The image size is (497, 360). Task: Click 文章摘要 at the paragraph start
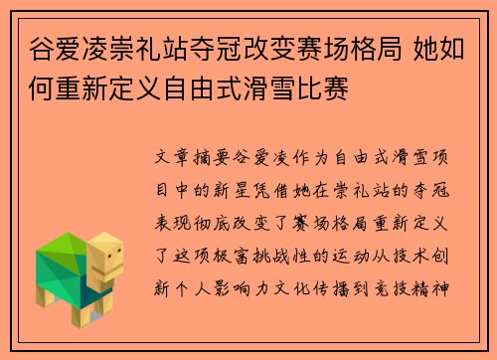point(193,156)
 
